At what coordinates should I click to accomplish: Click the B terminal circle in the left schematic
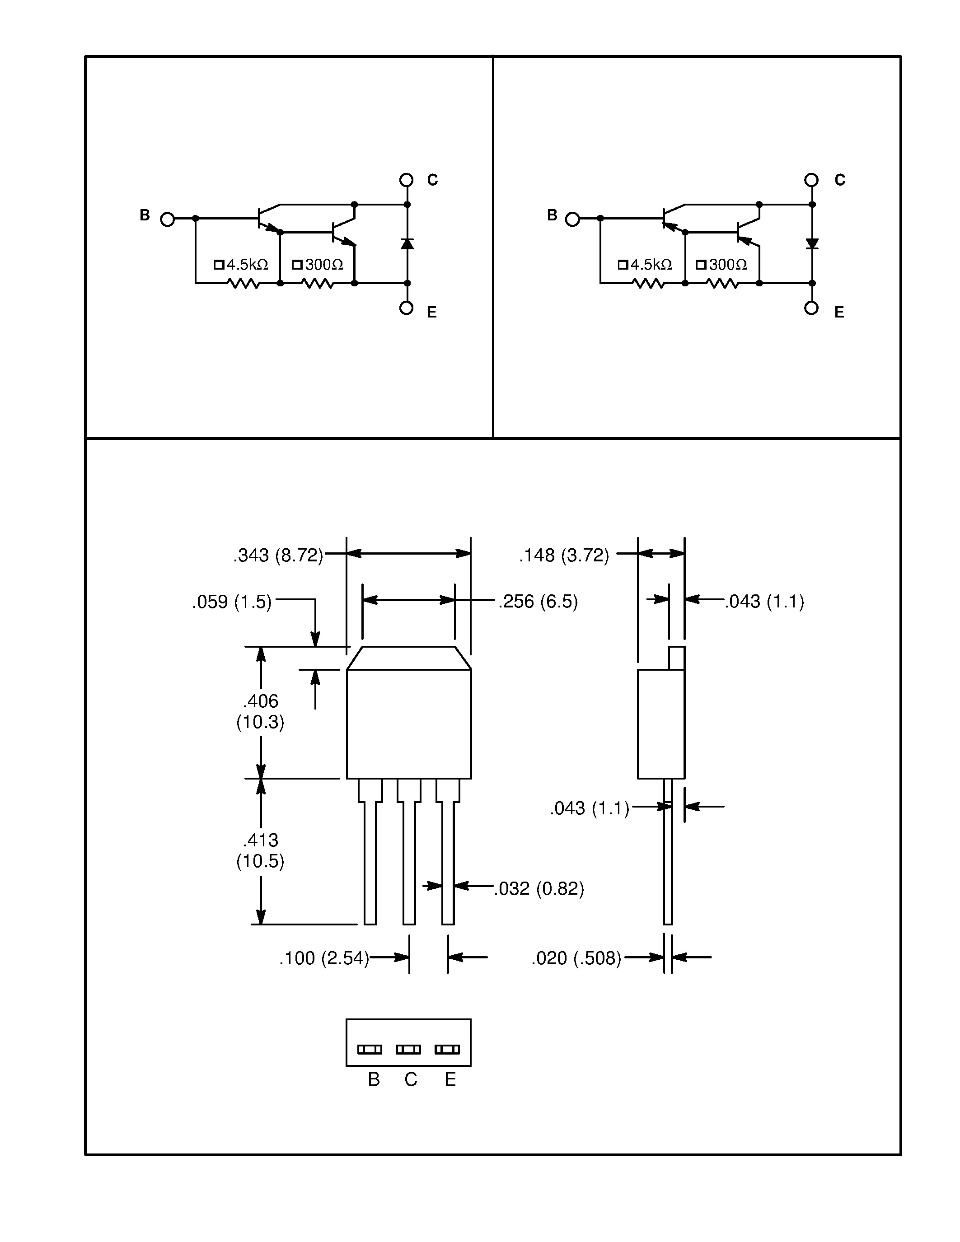167,219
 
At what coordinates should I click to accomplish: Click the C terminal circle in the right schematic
811,180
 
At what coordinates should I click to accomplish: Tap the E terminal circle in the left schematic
406,308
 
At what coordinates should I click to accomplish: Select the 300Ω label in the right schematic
722,265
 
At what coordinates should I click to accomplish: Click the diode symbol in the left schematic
407,244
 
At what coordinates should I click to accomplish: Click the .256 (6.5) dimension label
538,601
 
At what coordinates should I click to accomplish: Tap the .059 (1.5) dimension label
231,602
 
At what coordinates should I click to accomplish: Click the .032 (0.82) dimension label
539,888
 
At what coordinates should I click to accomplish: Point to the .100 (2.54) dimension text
323,958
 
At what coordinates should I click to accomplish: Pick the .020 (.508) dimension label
576,958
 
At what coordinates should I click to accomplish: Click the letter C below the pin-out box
411,1079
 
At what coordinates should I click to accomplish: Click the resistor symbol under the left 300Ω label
317,283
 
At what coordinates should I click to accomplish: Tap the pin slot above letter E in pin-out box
447,1049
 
